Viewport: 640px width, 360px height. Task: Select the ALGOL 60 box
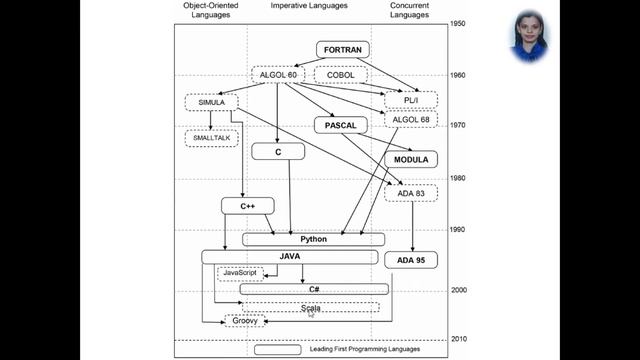click(279, 74)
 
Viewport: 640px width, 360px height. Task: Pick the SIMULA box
click(211, 102)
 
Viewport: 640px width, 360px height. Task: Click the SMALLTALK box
click(211, 137)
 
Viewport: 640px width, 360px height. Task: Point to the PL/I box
click(412, 99)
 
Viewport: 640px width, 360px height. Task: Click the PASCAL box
click(341, 125)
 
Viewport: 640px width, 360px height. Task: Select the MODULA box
click(411, 159)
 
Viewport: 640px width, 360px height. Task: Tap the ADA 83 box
click(411, 192)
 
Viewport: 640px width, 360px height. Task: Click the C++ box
click(248, 206)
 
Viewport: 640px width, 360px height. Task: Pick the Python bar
click(313, 239)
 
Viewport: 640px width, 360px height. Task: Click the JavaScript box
click(240, 273)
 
